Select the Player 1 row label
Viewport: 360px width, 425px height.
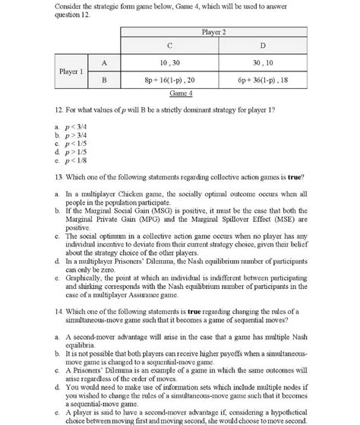coord(72,71)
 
